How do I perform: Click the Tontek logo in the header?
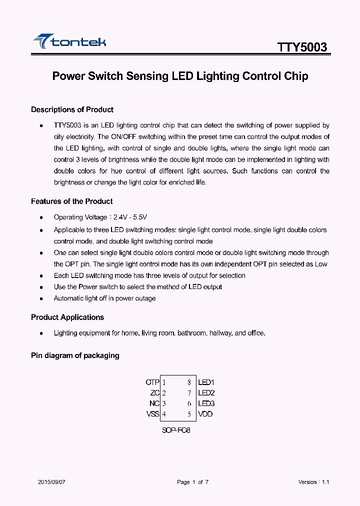69,42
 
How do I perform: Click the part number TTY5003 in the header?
302,47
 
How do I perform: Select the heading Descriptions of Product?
72,109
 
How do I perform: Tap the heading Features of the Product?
71,201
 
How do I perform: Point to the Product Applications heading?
67,317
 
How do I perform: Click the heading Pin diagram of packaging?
75,355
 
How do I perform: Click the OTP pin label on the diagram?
152,382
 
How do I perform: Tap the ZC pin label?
154,393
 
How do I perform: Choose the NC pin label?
154,403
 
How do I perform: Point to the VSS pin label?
152,414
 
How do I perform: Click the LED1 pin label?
206,382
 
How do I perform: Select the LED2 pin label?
206,393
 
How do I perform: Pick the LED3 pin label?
206,403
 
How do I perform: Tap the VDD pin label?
205,414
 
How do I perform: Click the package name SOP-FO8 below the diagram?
176,430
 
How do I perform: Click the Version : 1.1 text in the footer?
313,482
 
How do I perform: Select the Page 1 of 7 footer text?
192,482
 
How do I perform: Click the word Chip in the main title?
296,76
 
